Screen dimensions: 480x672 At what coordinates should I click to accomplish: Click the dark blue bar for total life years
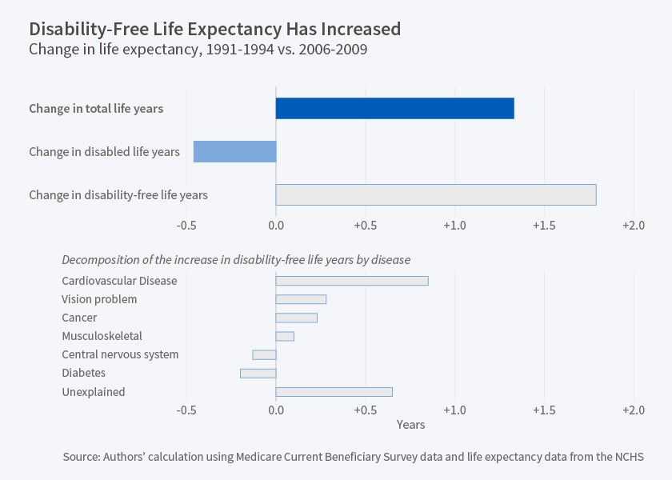(x=394, y=108)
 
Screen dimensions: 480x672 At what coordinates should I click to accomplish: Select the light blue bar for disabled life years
(x=234, y=151)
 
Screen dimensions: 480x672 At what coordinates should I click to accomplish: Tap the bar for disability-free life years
(x=436, y=194)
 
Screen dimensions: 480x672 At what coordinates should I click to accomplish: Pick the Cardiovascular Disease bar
(x=352, y=281)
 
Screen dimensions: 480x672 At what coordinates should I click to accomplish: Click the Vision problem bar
(x=301, y=299)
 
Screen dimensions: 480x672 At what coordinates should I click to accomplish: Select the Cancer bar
(x=296, y=318)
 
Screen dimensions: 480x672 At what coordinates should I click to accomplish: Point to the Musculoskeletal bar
(x=285, y=336)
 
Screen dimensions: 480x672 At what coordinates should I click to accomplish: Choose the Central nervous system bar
(x=264, y=354)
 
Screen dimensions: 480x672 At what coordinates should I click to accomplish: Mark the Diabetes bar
(x=258, y=373)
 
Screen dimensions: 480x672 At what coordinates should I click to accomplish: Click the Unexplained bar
(x=334, y=391)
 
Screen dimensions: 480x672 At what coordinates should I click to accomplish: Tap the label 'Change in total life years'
(x=96, y=109)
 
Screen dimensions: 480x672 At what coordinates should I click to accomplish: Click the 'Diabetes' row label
(x=83, y=373)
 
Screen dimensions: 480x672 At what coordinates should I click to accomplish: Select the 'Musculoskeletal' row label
(x=102, y=336)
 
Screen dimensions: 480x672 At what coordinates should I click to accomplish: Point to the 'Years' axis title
(x=410, y=425)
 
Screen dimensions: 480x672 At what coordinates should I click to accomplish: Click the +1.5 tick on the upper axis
(x=544, y=226)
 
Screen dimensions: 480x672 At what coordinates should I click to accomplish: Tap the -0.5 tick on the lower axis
(x=186, y=410)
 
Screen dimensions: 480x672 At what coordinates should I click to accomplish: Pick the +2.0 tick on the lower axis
(x=633, y=410)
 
